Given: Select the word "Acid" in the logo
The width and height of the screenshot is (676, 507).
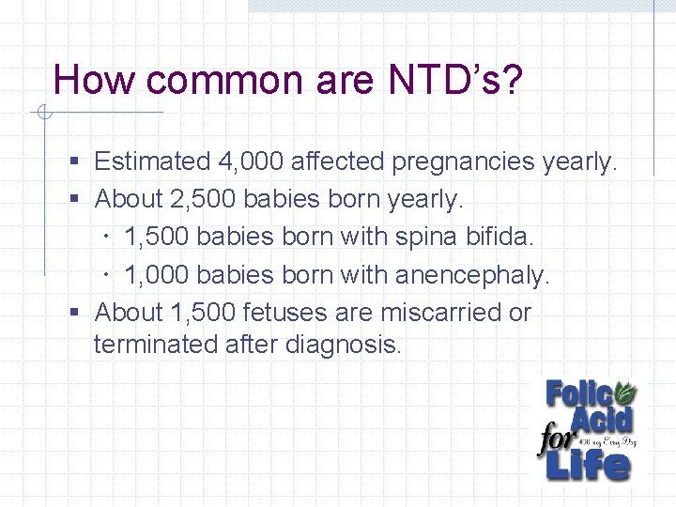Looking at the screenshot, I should click(601, 420).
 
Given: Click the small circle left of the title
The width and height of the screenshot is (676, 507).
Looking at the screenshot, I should click(42, 114).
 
